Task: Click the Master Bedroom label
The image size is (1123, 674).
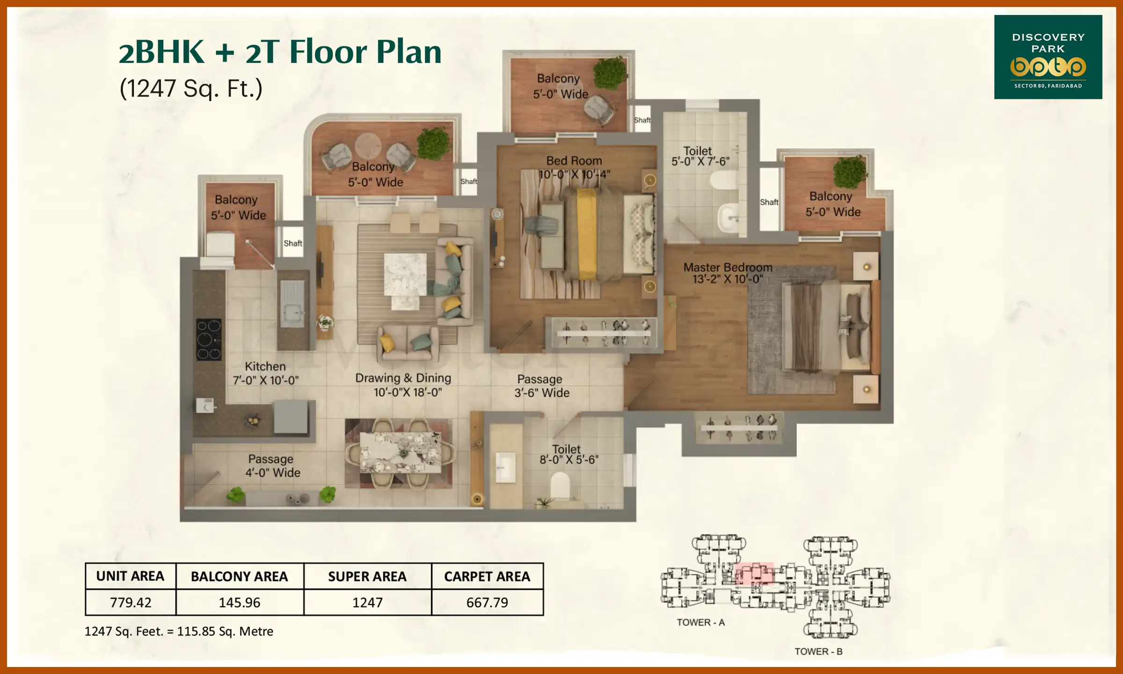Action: (728, 273)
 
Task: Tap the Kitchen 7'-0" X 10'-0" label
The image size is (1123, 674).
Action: (265, 373)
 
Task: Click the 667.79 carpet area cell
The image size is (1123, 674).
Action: (487, 602)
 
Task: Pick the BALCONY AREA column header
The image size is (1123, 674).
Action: (239, 576)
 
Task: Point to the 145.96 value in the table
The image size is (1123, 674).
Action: (239, 602)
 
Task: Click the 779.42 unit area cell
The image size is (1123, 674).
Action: (131, 602)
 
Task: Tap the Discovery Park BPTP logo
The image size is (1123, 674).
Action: (1048, 57)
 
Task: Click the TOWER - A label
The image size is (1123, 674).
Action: (700, 622)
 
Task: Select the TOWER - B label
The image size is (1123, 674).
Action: (818, 651)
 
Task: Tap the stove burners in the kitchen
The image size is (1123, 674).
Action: (209, 339)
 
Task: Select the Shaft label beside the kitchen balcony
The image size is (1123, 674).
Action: (293, 243)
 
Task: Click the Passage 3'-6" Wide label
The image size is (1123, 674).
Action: (541, 386)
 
